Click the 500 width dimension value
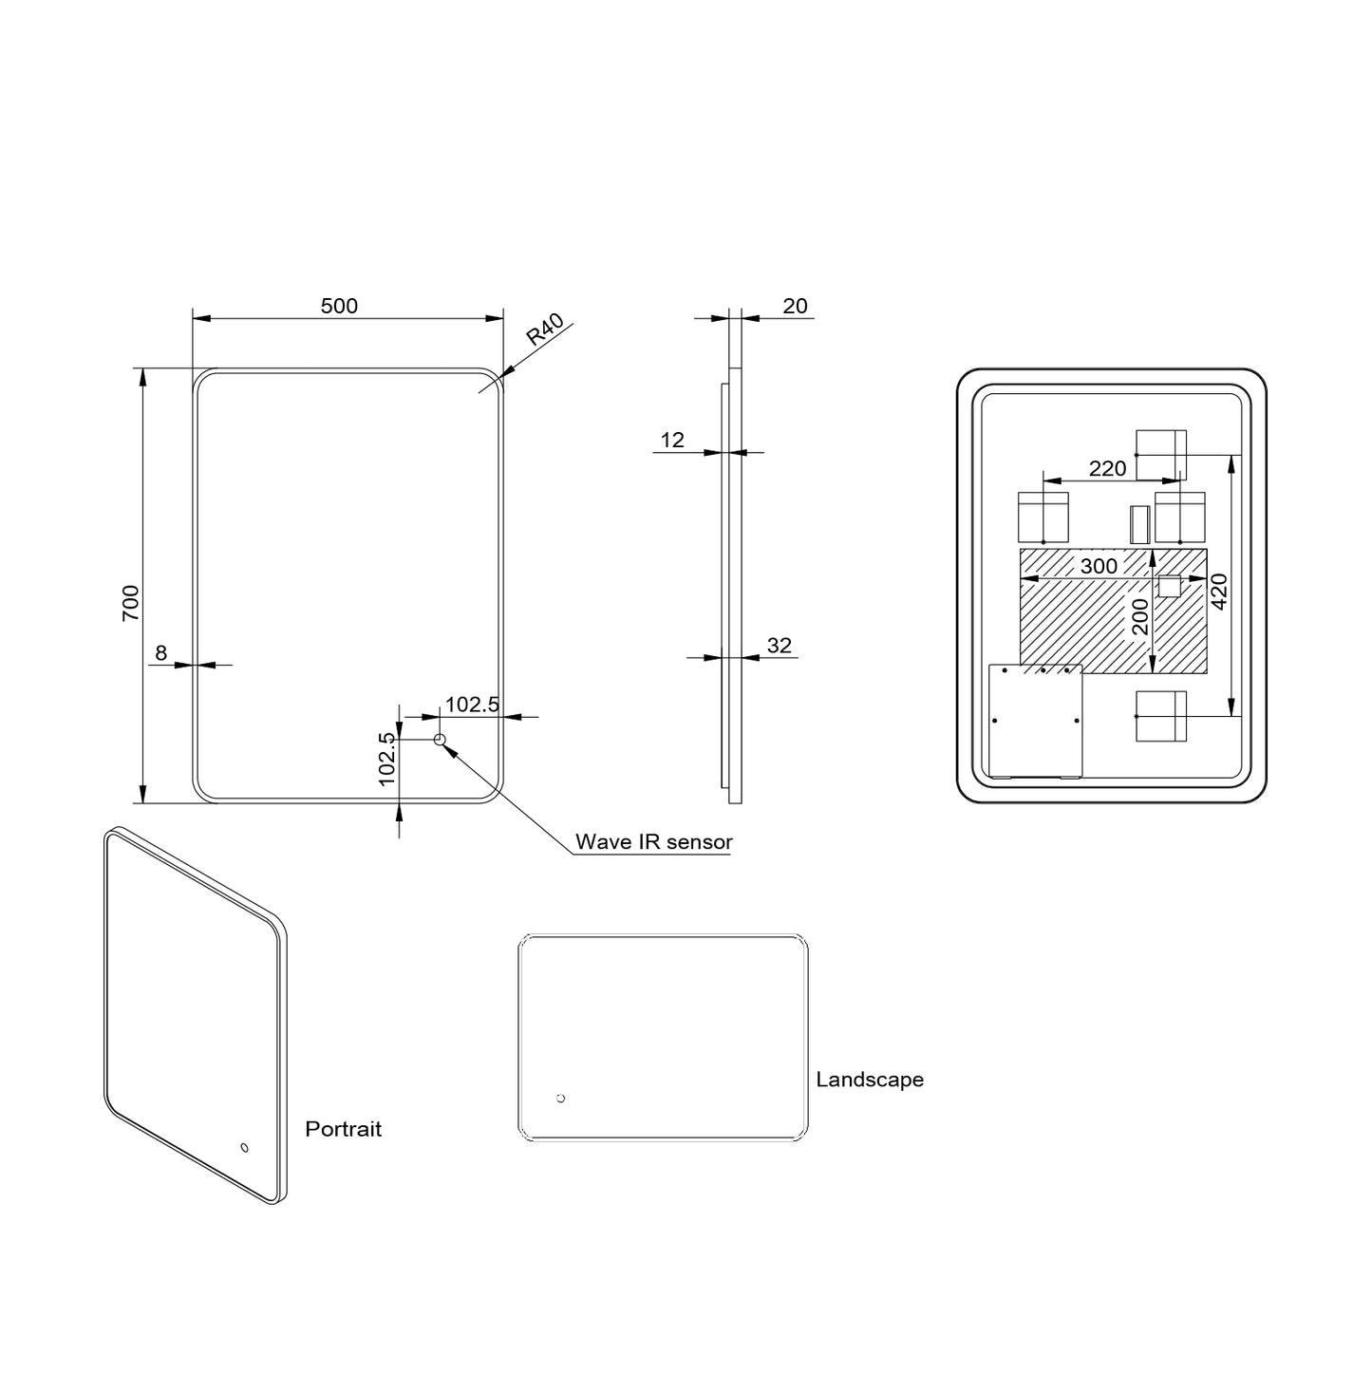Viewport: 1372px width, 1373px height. point(339,306)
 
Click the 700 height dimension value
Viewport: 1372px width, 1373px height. point(130,602)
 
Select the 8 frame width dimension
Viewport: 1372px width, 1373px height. point(160,652)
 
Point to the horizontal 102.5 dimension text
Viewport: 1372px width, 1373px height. point(472,704)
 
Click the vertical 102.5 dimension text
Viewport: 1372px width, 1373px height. point(386,758)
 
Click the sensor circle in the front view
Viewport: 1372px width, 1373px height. point(440,740)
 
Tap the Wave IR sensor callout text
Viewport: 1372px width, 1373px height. point(653,842)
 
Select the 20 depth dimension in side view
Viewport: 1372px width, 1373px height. point(795,306)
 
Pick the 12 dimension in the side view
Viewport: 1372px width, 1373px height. point(672,440)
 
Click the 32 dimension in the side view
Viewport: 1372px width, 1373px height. point(779,646)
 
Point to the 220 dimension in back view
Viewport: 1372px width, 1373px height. point(1107,468)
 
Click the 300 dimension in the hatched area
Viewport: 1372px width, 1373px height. point(1099,567)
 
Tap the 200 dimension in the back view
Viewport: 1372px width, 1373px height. point(1140,616)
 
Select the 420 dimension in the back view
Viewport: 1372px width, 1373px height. point(1219,591)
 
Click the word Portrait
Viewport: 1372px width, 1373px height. point(343,1129)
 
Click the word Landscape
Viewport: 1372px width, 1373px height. point(870,1080)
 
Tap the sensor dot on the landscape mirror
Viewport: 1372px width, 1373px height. point(560,1099)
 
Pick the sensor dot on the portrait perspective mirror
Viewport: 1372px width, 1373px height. point(244,1148)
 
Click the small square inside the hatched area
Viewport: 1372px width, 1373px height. point(1169,586)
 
